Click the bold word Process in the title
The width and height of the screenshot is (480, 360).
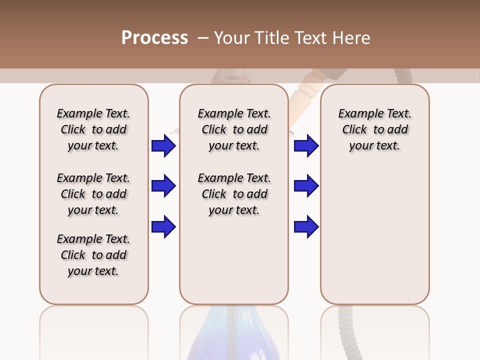(x=154, y=38)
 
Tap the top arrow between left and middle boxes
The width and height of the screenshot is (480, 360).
(x=163, y=146)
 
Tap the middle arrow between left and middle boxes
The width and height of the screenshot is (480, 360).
(x=163, y=186)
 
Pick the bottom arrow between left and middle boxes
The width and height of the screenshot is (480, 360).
(x=163, y=227)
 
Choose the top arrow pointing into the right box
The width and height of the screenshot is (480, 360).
(x=306, y=146)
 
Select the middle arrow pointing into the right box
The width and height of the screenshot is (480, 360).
(x=306, y=186)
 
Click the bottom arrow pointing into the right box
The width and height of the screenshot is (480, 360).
(x=306, y=227)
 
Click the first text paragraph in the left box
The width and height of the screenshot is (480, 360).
(x=93, y=129)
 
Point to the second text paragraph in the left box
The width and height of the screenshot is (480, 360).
(x=93, y=194)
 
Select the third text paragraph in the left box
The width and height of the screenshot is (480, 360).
(x=93, y=255)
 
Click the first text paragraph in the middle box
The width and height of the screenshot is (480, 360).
(x=234, y=129)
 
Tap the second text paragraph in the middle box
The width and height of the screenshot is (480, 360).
(x=234, y=194)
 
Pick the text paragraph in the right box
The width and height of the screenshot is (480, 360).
(x=374, y=129)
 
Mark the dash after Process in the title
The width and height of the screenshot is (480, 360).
(x=203, y=38)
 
